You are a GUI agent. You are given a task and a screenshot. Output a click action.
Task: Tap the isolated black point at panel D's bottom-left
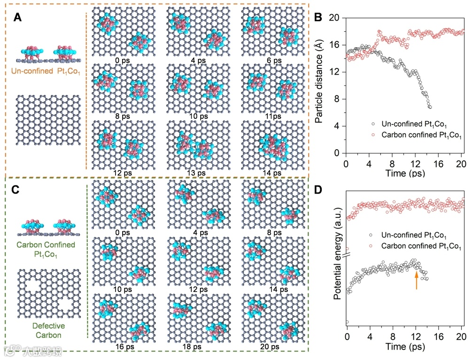pos(347,322)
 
